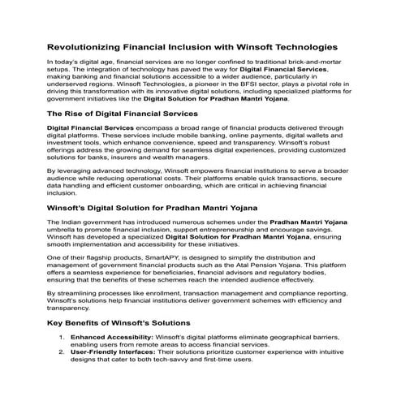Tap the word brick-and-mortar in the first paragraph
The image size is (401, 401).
pyautogui.click(x=314, y=63)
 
